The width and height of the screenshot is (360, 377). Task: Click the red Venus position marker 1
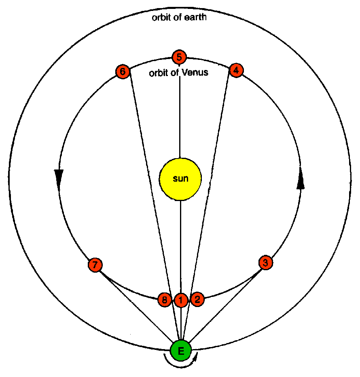coord(181,300)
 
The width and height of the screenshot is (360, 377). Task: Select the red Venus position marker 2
coord(197,299)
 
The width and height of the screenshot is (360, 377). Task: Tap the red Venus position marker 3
coord(265,262)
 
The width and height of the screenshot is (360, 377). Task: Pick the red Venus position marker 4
coord(236,70)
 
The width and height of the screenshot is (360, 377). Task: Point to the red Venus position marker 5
coord(179,57)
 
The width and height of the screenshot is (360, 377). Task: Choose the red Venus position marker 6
coord(123,72)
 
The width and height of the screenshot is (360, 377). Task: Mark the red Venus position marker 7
coord(95,265)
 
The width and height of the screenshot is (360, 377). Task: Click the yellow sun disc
coord(180,178)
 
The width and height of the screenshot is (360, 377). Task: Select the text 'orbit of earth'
coord(180,18)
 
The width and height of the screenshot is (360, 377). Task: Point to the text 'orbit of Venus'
coord(178,73)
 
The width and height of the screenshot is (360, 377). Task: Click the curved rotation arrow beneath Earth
coord(180,365)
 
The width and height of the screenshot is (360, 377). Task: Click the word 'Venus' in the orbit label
coord(196,73)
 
